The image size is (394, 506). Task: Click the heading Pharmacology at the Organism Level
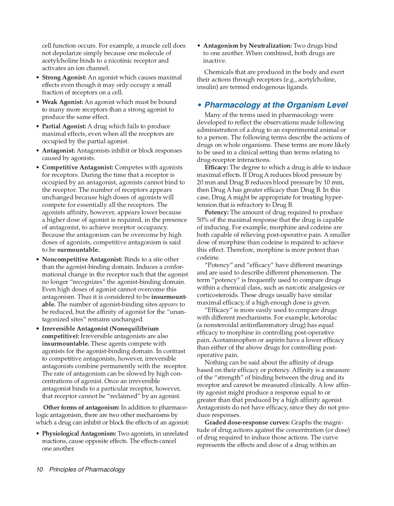click(x=276, y=105)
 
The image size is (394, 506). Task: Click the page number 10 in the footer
click(x=39, y=469)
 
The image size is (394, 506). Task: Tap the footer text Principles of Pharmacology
click(x=87, y=469)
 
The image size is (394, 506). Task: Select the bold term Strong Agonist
click(x=64, y=77)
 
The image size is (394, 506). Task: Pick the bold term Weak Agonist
click(x=62, y=102)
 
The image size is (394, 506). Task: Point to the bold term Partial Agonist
click(x=64, y=126)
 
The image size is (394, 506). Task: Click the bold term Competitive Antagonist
click(x=77, y=167)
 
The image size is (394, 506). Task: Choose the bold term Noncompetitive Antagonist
click(x=82, y=259)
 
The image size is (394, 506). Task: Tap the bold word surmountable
click(x=78, y=250)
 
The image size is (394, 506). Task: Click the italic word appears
click(x=168, y=305)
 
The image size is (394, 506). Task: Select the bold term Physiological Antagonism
click(x=79, y=433)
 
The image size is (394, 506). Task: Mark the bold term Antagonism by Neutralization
click(x=247, y=46)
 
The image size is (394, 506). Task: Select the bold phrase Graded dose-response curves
click(x=247, y=422)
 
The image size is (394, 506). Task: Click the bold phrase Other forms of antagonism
click(x=81, y=407)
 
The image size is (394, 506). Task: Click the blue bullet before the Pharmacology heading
click(x=199, y=105)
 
